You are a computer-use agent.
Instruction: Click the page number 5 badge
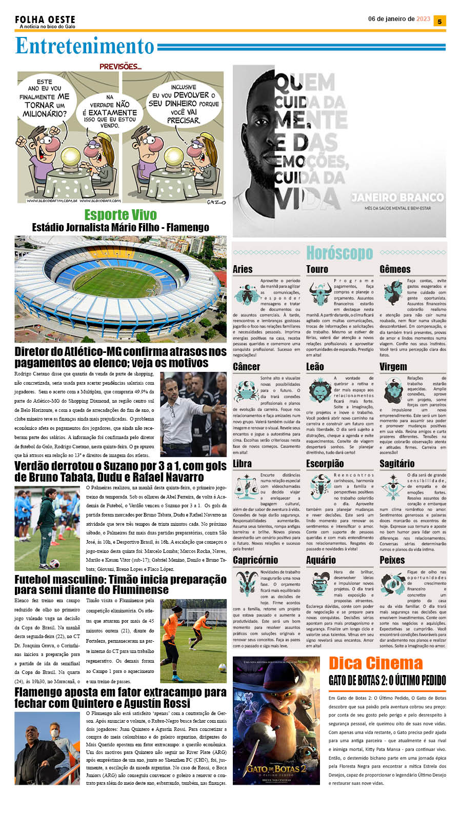coord(439,21)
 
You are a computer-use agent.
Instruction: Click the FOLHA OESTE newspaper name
coord(45,19)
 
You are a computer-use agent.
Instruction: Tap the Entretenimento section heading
coord(85,46)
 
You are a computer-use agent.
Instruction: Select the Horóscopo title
coord(339,253)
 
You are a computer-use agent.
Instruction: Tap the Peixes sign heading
coord(392,560)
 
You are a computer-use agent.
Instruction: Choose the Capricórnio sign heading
coord(255,560)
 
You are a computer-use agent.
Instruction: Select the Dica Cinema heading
coord(375,663)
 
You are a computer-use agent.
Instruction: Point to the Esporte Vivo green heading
coord(121,215)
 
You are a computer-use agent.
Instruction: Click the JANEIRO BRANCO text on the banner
coord(397,197)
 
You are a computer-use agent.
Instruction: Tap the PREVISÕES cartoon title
coord(120,67)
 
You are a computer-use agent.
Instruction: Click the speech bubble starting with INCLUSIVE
coord(183,104)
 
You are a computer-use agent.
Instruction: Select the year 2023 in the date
coord(423,19)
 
